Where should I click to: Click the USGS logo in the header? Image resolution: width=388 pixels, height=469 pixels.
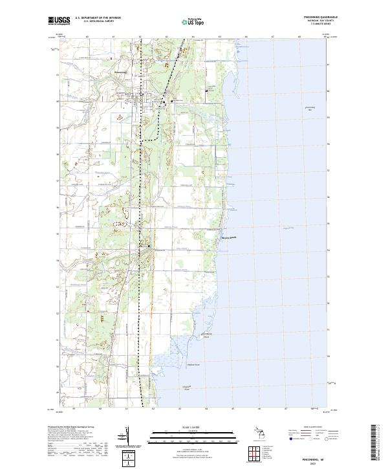pos(59,21)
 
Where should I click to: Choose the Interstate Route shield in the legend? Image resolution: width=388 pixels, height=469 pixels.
pos(292,439)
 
